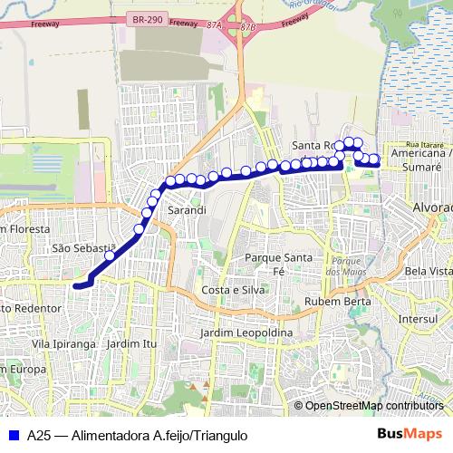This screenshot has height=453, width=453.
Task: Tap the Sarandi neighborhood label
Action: click(186, 210)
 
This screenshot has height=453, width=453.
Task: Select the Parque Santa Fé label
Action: click(278, 264)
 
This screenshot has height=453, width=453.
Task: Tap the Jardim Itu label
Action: click(131, 344)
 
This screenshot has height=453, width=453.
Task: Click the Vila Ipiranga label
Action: click(63, 344)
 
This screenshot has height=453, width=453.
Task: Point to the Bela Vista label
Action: click(429, 271)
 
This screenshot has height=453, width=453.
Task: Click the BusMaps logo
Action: click(411, 434)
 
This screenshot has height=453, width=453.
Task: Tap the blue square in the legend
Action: click(12, 435)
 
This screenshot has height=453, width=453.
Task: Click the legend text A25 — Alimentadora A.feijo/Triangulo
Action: click(137, 435)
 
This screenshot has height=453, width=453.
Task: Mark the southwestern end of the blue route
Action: click(77, 284)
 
